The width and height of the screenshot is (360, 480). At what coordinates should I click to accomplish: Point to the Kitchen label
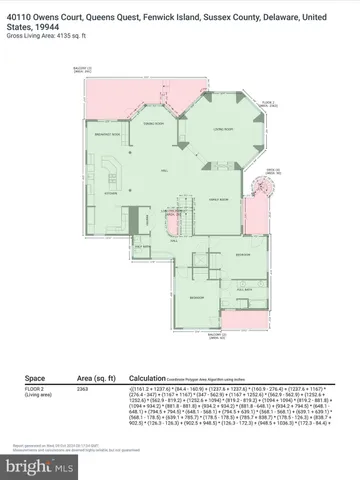coord(112,192)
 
